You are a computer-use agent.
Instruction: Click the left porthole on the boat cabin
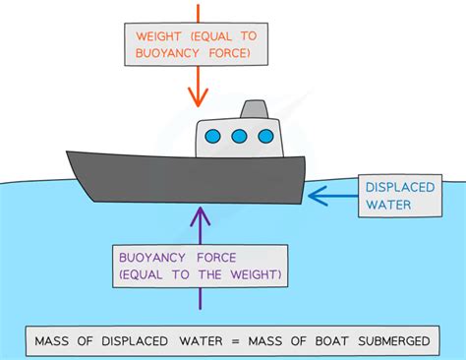(215, 137)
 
